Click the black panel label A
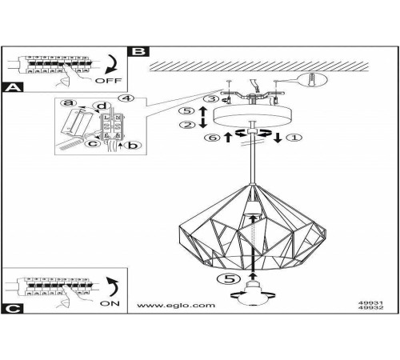tap(12, 87)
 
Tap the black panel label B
tap(138, 51)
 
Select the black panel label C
tap(12, 309)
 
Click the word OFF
tap(108, 81)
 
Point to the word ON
tap(110, 303)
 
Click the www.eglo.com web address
tap(176, 305)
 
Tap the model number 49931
tap(370, 303)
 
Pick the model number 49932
tap(370, 307)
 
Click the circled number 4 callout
tap(127, 98)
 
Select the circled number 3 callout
tap(211, 98)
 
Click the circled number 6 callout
tap(212, 138)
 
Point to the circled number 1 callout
tap(294, 138)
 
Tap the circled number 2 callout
tap(187, 125)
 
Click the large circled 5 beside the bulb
tap(230, 278)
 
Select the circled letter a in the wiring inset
tap(69, 102)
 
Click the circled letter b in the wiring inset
tap(133, 145)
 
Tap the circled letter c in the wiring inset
tap(93, 143)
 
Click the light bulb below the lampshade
tap(253, 294)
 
